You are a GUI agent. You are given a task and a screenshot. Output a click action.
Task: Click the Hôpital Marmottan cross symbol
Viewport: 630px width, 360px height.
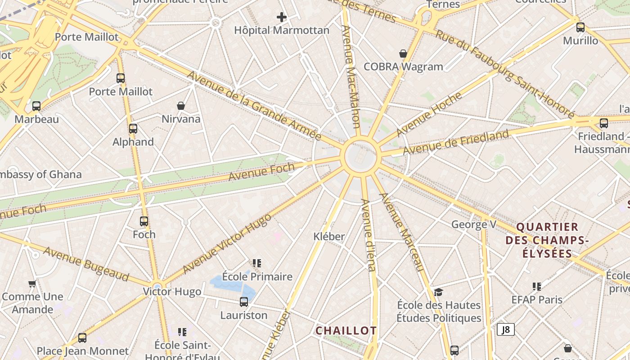point(282,18)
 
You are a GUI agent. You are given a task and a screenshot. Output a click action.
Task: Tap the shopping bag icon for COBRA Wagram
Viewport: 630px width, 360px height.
point(403,54)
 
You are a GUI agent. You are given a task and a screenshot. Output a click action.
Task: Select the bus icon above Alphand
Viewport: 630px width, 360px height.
point(133,129)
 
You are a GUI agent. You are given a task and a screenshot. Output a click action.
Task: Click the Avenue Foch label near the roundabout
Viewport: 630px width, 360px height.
point(261,172)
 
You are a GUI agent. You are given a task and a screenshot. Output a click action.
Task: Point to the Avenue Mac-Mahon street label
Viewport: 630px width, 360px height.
point(351,76)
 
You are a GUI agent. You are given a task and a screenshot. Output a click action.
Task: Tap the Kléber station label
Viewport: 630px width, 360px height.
point(329,236)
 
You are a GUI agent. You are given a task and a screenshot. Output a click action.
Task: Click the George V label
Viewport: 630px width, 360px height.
point(470,224)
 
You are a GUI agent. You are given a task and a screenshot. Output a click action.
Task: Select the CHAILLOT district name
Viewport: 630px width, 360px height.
point(346,331)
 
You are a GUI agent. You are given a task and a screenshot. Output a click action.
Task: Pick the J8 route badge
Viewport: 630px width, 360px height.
point(506,329)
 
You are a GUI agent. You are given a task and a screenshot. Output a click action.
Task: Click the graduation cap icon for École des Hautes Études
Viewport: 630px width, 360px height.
point(439,292)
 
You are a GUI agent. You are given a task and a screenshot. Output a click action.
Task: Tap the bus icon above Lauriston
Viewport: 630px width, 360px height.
point(244,302)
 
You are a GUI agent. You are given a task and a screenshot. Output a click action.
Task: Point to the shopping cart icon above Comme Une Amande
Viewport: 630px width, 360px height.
point(32,283)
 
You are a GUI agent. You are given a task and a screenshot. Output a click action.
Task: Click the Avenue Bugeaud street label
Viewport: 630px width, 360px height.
point(86,264)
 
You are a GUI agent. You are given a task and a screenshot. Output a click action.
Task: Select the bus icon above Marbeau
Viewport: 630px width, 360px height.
point(36,106)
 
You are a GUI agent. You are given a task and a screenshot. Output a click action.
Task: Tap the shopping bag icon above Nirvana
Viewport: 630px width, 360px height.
point(181,106)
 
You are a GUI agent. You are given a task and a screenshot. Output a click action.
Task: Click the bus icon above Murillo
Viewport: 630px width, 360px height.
point(580,27)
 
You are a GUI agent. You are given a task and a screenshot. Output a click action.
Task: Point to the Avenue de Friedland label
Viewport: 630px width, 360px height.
point(456,142)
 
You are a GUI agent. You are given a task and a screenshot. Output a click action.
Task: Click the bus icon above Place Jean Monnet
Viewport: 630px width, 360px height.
point(82,337)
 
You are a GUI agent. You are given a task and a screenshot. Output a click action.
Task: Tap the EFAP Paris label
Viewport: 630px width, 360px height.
point(537,299)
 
